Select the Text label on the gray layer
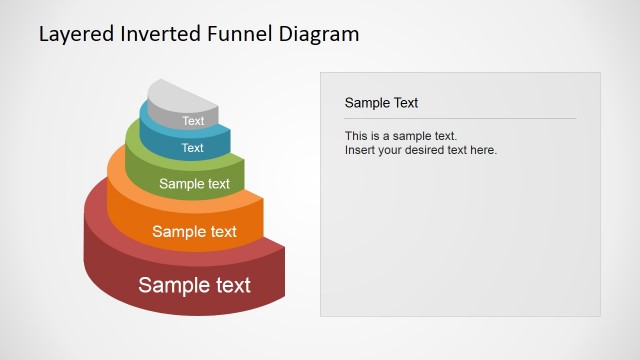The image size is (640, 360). coord(193,121)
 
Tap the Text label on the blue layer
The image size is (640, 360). coord(193,148)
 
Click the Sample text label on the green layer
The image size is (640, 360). coord(194,184)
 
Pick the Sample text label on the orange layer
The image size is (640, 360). coord(194,232)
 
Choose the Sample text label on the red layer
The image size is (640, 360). coord(194,285)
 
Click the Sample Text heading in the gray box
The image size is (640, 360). coord(381,102)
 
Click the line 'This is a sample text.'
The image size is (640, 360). coord(400,136)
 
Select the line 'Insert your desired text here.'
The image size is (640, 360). coord(420,150)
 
